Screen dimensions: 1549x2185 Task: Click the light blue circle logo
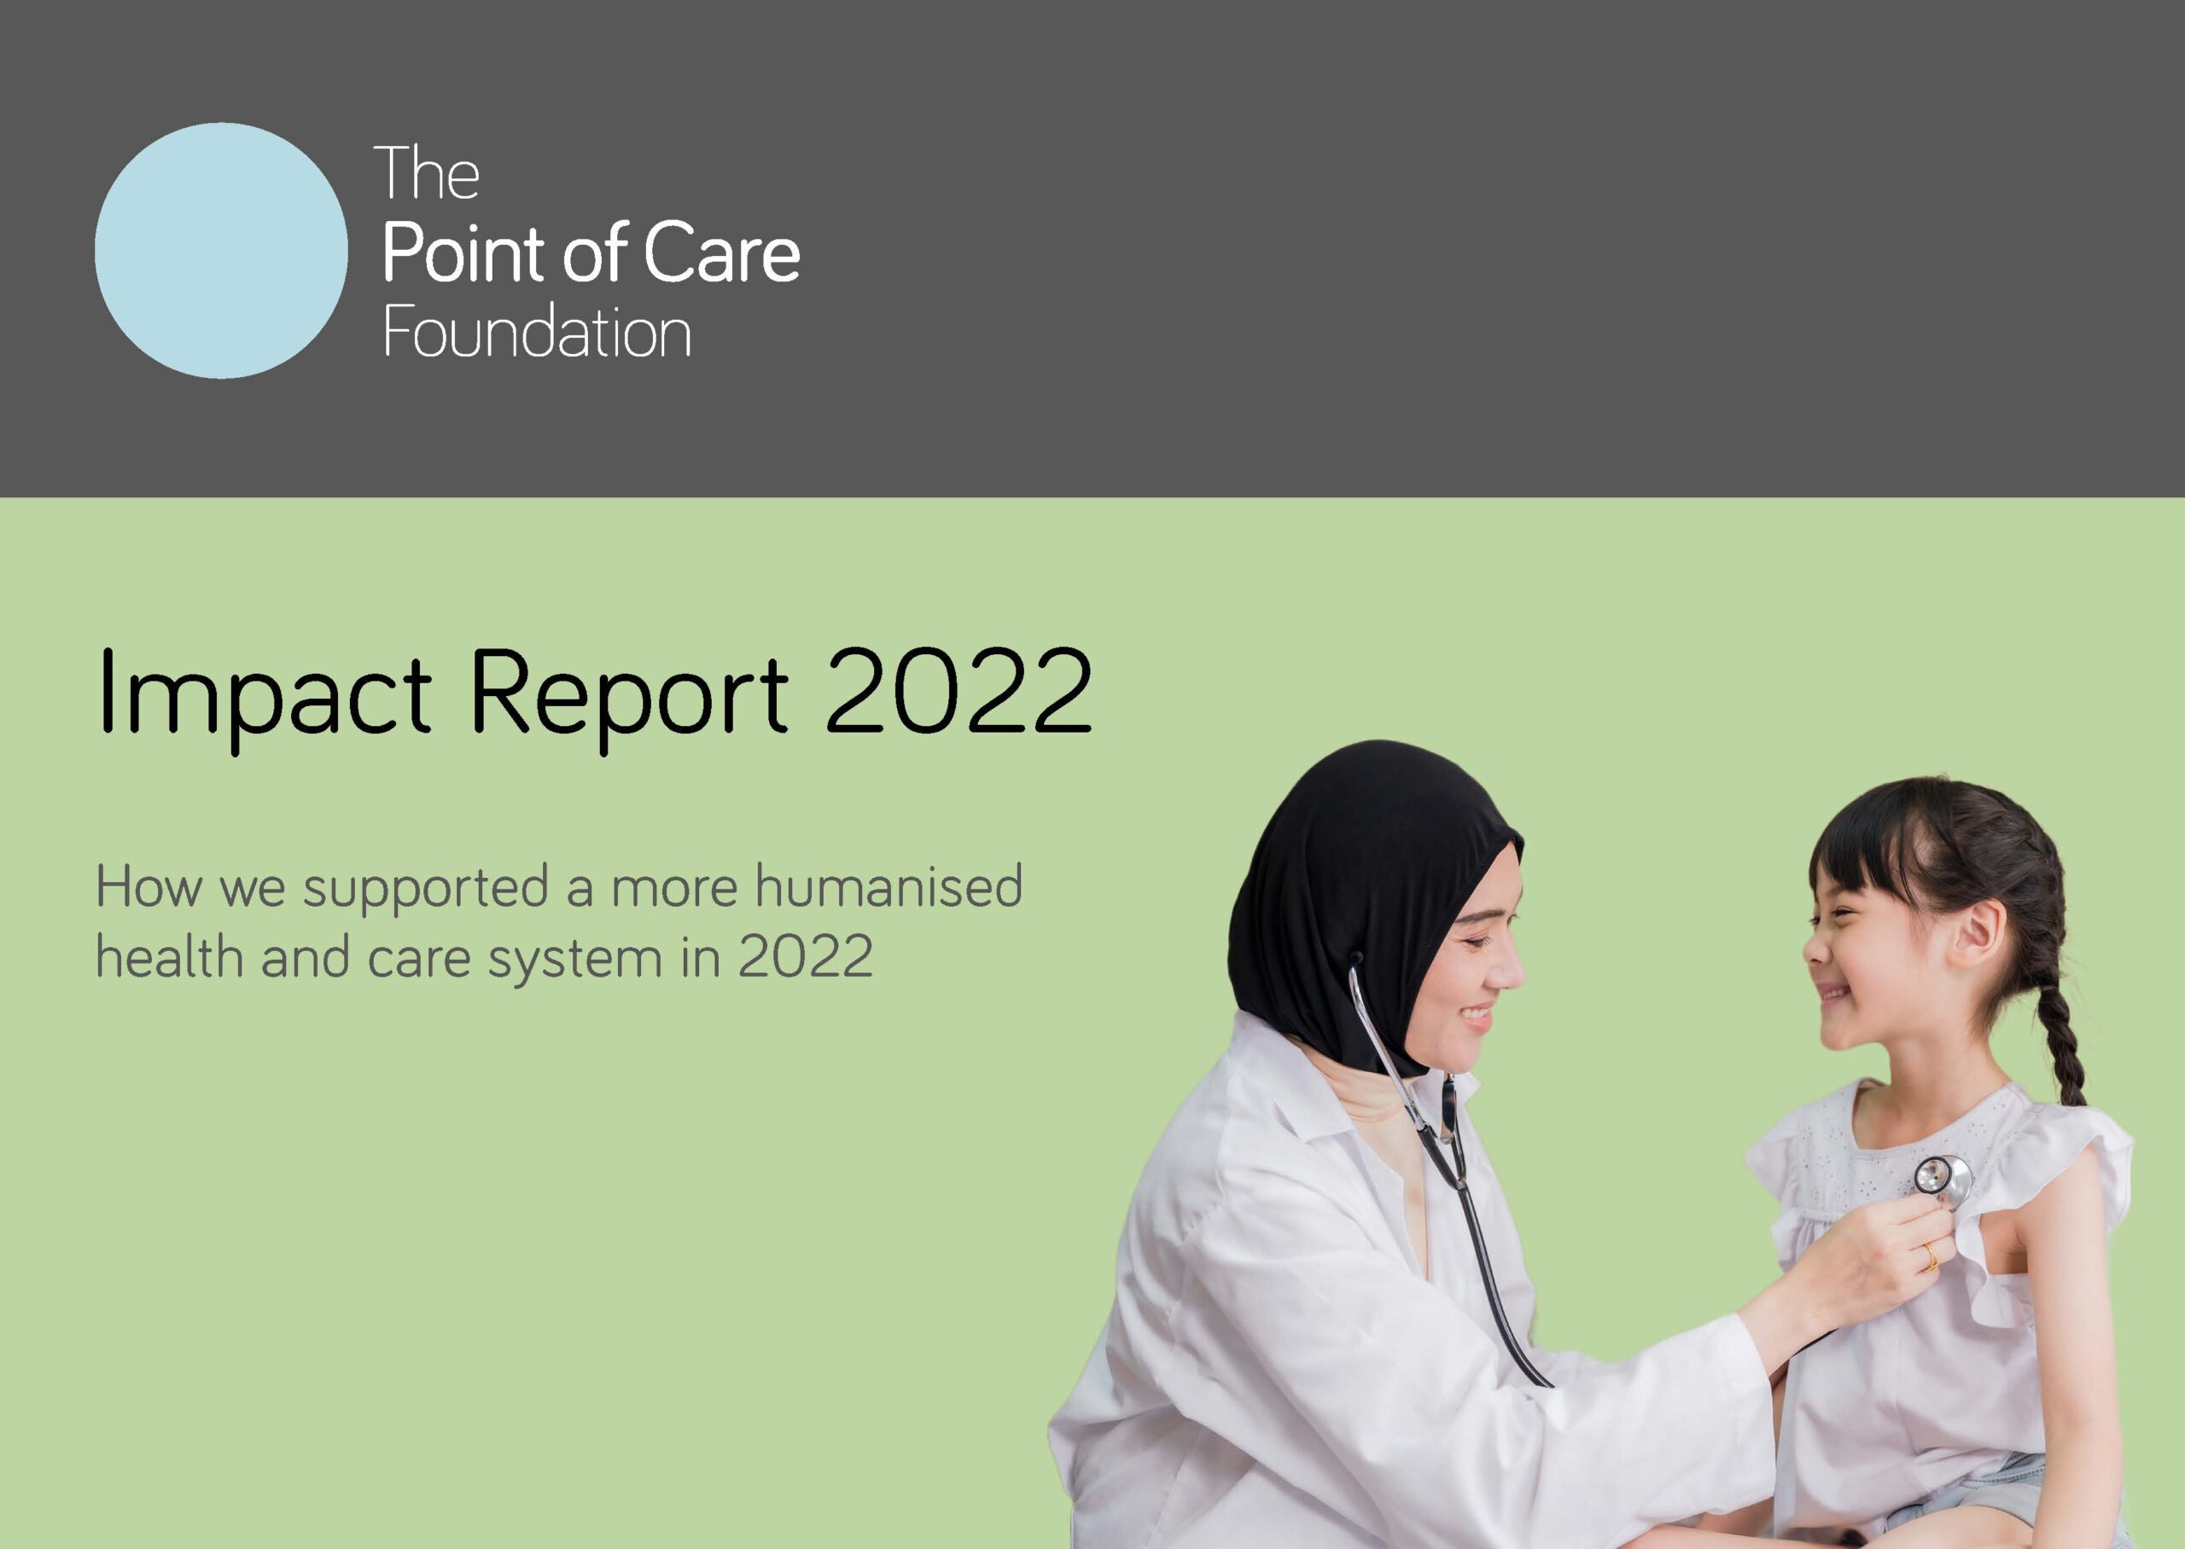pyautogui.click(x=221, y=250)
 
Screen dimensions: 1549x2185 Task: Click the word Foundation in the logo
pyautogui.click(x=536, y=333)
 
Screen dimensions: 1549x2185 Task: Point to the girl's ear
pyautogui.click(x=1973, y=935)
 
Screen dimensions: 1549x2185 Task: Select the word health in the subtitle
pyautogui.click(x=170, y=957)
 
